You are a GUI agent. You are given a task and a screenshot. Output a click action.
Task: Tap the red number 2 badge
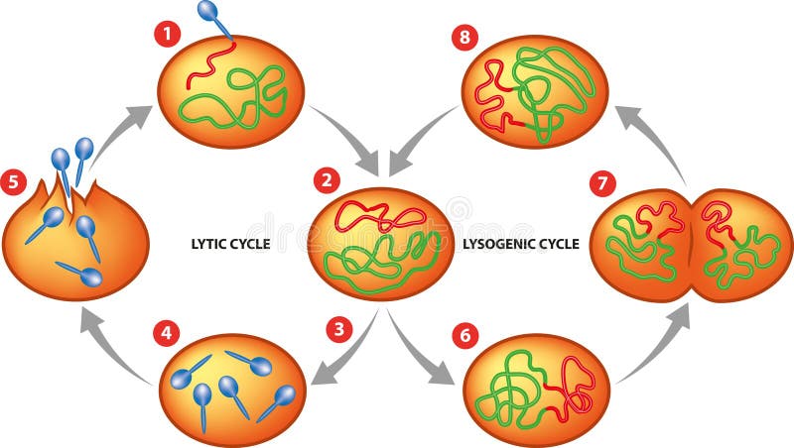(x=325, y=180)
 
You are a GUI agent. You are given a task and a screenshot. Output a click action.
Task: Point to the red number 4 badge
(x=165, y=334)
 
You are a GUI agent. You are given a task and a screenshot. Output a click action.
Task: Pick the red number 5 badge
(x=13, y=182)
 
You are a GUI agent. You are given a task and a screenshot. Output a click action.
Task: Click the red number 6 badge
(x=462, y=335)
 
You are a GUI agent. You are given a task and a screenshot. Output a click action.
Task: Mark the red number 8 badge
(x=463, y=38)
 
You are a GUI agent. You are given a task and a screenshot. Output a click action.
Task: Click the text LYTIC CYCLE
(x=230, y=242)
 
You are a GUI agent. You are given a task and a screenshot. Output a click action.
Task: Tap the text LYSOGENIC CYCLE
(x=521, y=242)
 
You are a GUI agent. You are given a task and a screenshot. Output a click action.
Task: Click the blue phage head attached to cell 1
(x=208, y=12)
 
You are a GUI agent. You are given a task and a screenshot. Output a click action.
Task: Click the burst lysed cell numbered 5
(x=74, y=243)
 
